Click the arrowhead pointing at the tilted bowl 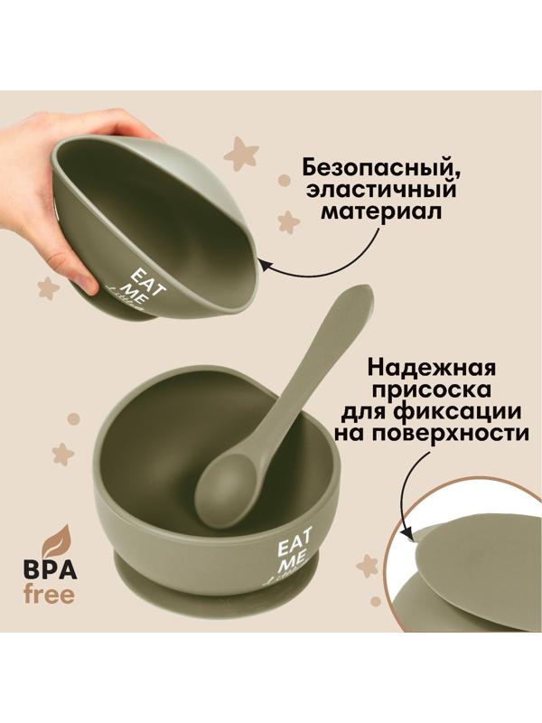point(265,263)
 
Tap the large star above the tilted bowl point(240,154)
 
